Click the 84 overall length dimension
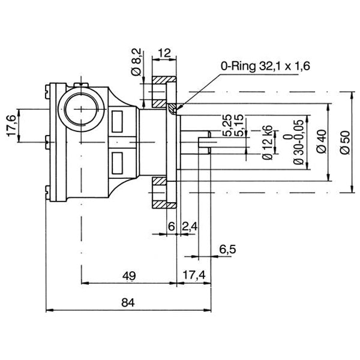coord(127,304)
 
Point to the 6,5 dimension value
coord(227,248)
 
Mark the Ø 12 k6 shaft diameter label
coord(268,142)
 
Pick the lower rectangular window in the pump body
coord(117,161)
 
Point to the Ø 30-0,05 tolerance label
coord(295,142)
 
